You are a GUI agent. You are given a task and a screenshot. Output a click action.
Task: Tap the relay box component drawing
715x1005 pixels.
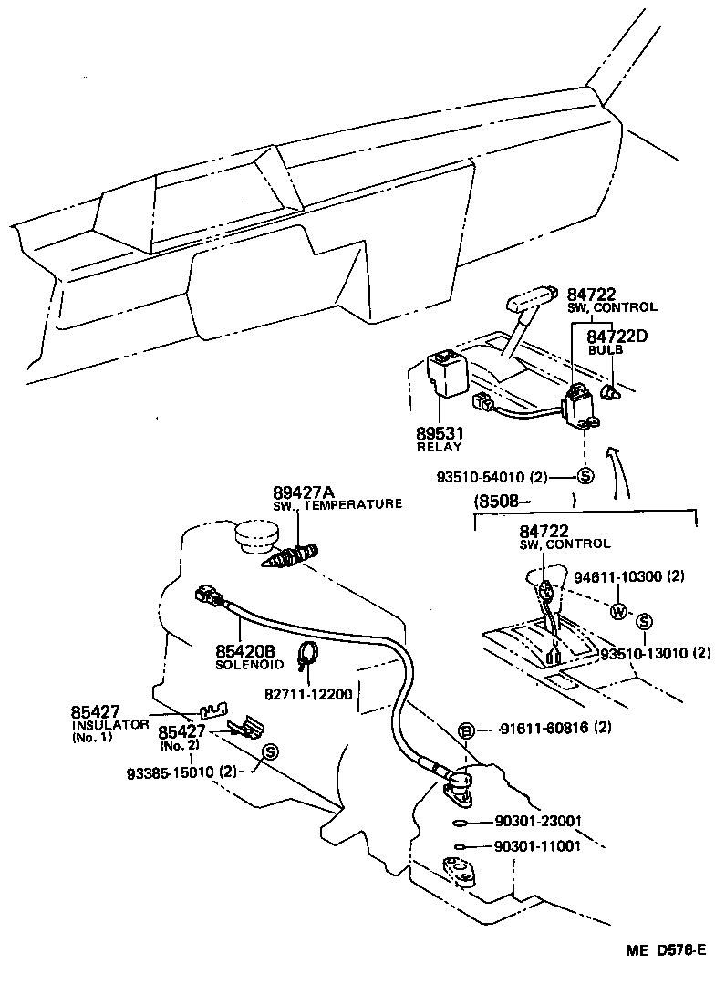pyautogui.click(x=446, y=375)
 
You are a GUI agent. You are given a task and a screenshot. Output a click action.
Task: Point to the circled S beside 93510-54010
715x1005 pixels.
pyautogui.click(x=585, y=476)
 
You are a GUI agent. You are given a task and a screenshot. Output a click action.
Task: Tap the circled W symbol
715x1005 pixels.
pyautogui.click(x=618, y=611)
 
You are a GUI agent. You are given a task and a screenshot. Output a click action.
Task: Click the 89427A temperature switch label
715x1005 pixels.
pyautogui.click(x=298, y=492)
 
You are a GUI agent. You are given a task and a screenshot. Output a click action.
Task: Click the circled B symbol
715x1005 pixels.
pyautogui.click(x=465, y=730)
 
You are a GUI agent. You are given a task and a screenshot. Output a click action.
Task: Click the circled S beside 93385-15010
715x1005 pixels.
pyautogui.click(x=270, y=751)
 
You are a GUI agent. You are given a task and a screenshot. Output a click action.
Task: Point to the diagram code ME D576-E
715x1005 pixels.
pyautogui.click(x=665, y=950)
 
